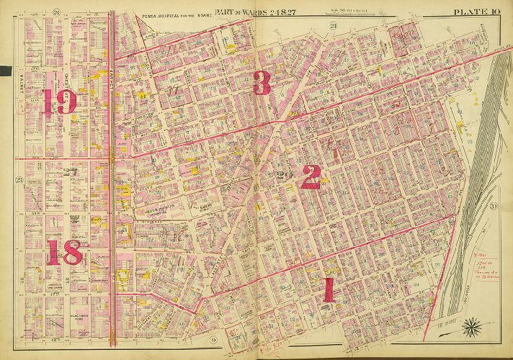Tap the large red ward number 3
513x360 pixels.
[262, 84]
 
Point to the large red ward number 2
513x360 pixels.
[311, 176]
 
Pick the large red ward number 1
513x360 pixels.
[329, 290]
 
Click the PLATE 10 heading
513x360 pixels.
[476, 11]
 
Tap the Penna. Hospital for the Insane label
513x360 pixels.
[171, 14]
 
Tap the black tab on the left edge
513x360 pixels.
[6, 71]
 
